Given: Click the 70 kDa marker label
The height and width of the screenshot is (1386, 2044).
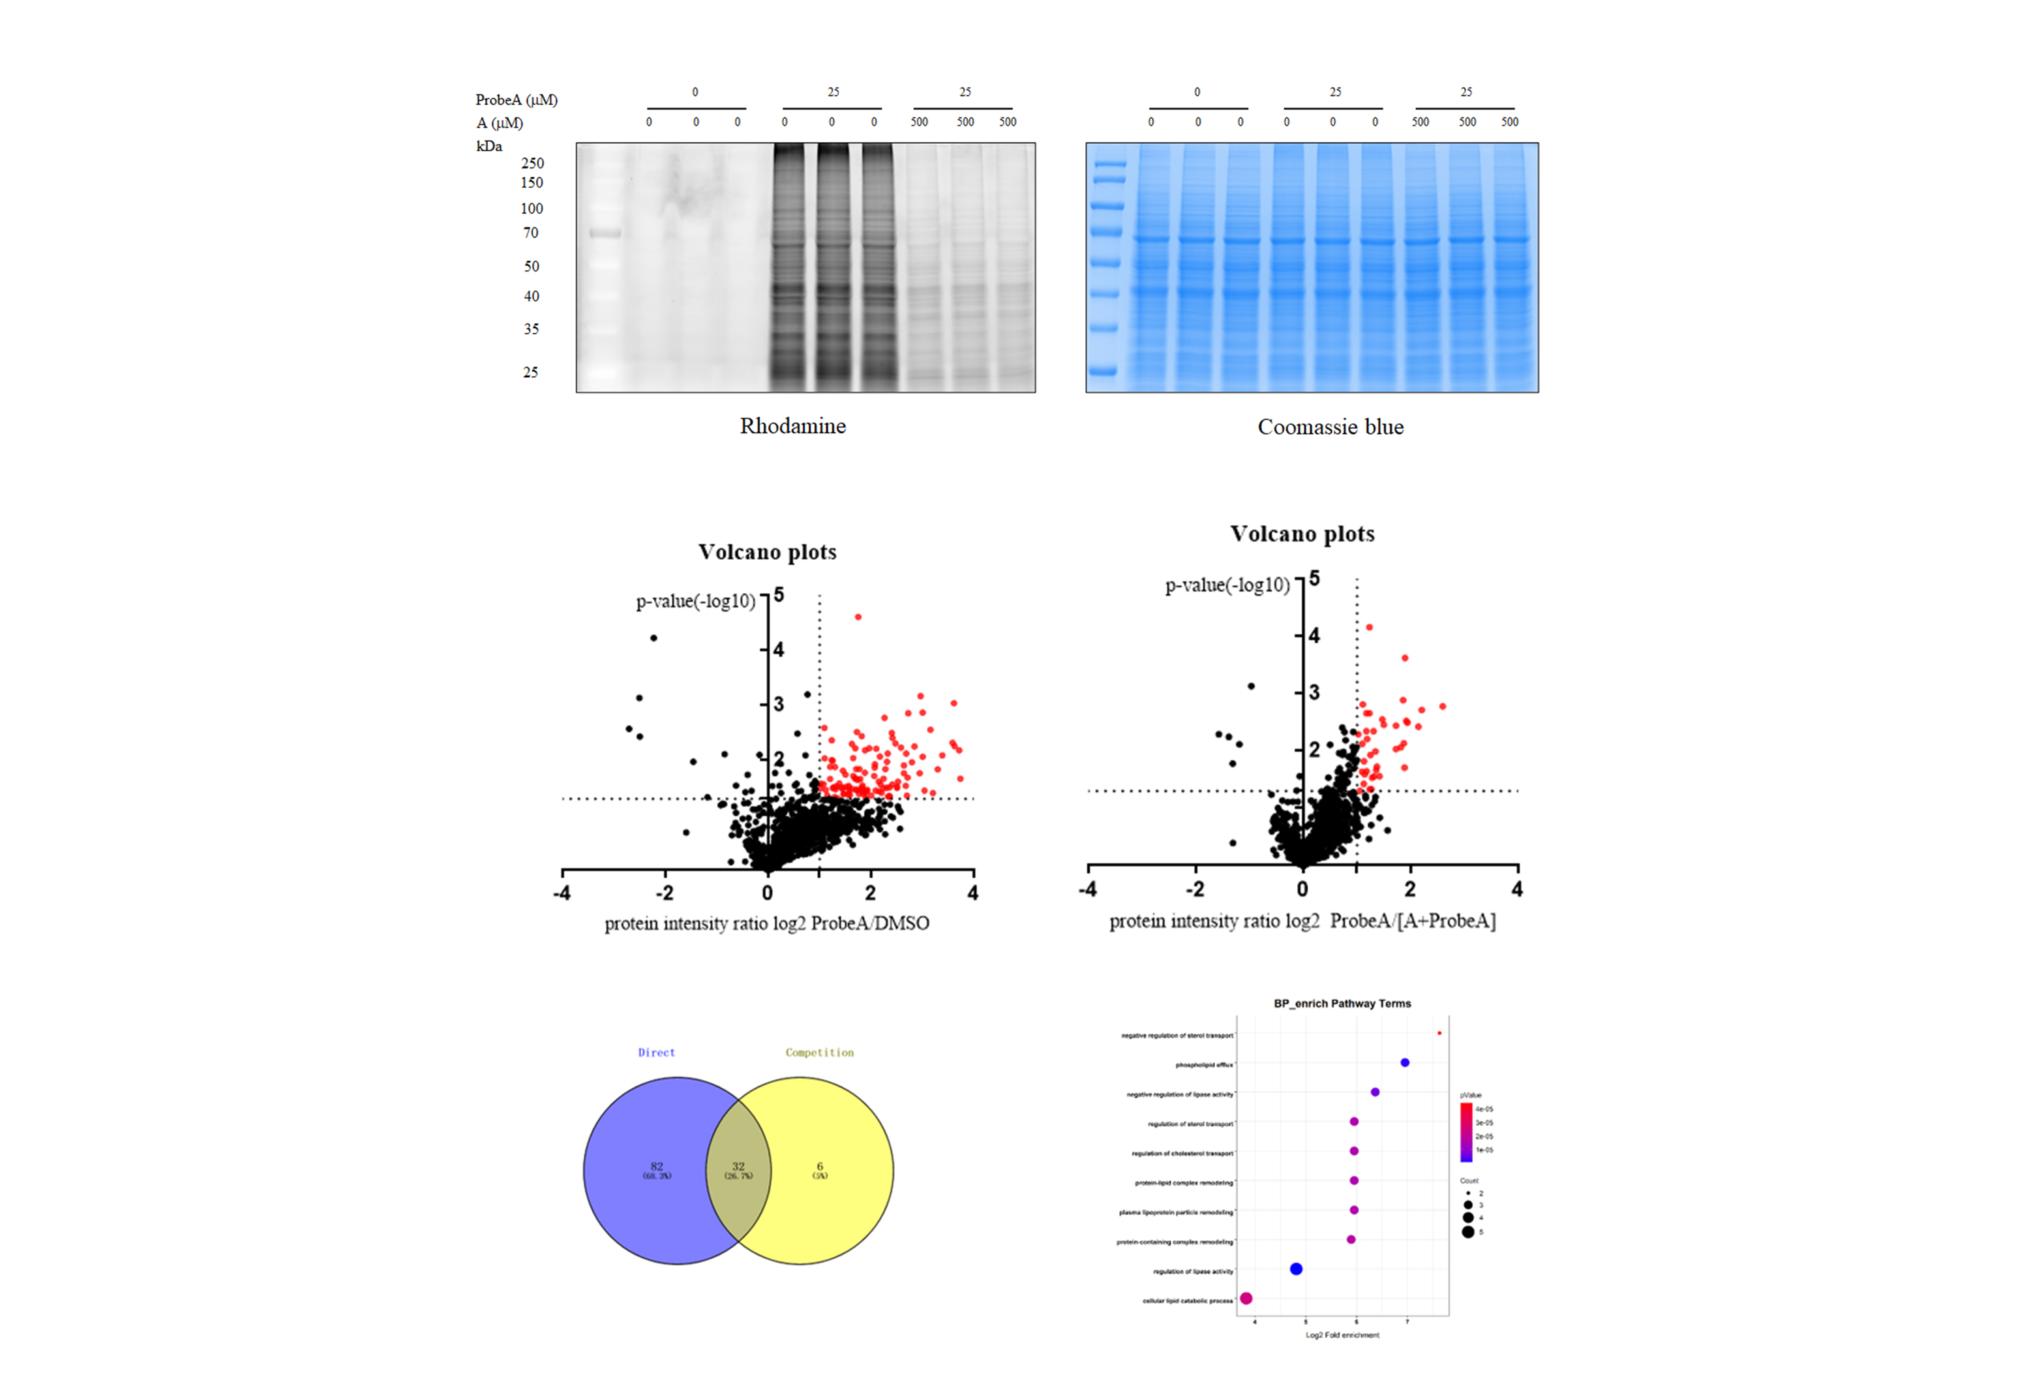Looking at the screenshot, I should (x=530, y=233).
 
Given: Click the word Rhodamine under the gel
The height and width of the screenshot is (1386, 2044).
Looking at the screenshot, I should (x=792, y=426).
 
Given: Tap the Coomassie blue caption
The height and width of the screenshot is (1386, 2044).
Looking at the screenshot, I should (x=1330, y=427).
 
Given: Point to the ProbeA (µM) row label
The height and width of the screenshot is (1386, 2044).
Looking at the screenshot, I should (x=517, y=99).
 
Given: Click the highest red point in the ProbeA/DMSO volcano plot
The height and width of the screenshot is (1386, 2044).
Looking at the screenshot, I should (x=858, y=617).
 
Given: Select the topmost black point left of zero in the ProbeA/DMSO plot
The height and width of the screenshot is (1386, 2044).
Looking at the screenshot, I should (x=654, y=638).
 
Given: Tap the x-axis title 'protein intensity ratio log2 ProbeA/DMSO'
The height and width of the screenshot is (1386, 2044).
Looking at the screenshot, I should (x=766, y=923).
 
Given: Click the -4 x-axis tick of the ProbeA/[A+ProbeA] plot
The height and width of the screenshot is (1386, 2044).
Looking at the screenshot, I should (x=1088, y=889).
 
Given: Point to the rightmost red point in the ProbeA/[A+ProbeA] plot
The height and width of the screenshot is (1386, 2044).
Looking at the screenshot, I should (x=1443, y=707).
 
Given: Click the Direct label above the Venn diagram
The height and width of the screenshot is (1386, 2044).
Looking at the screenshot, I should (x=656, y=1053).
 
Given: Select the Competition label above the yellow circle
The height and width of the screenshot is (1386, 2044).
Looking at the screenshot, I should (x=819, y=1053).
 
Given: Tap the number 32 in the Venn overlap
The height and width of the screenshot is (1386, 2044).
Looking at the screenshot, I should (x=738, y=1166).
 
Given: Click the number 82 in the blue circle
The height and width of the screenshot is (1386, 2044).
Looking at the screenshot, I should (x=656, y=1166).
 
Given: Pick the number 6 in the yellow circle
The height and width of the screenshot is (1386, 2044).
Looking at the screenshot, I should (x=820, y=1166).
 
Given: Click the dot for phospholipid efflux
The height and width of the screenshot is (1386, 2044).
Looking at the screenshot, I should (x=1405, y=1063).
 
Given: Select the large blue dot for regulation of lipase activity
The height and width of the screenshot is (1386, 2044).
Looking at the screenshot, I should (x=1295, y=1269).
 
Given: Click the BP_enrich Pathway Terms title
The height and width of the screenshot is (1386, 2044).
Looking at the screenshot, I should (x=1342, y=1003).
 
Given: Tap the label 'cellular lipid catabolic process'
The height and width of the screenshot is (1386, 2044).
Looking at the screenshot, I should (x=1188, y=1301).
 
